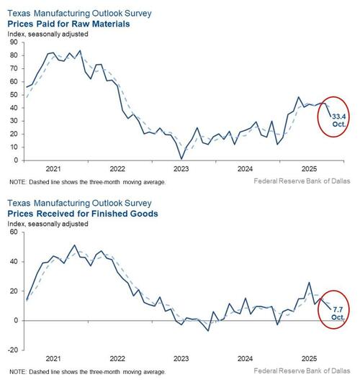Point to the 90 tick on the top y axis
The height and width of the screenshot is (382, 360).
point(14,43)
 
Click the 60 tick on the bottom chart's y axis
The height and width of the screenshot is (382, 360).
point(14,233)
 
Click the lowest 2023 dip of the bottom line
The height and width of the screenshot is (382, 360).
point(207,330)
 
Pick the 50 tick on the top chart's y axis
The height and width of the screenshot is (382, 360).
point(14,94)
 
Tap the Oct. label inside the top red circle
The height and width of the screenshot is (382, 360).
point(339,124)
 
